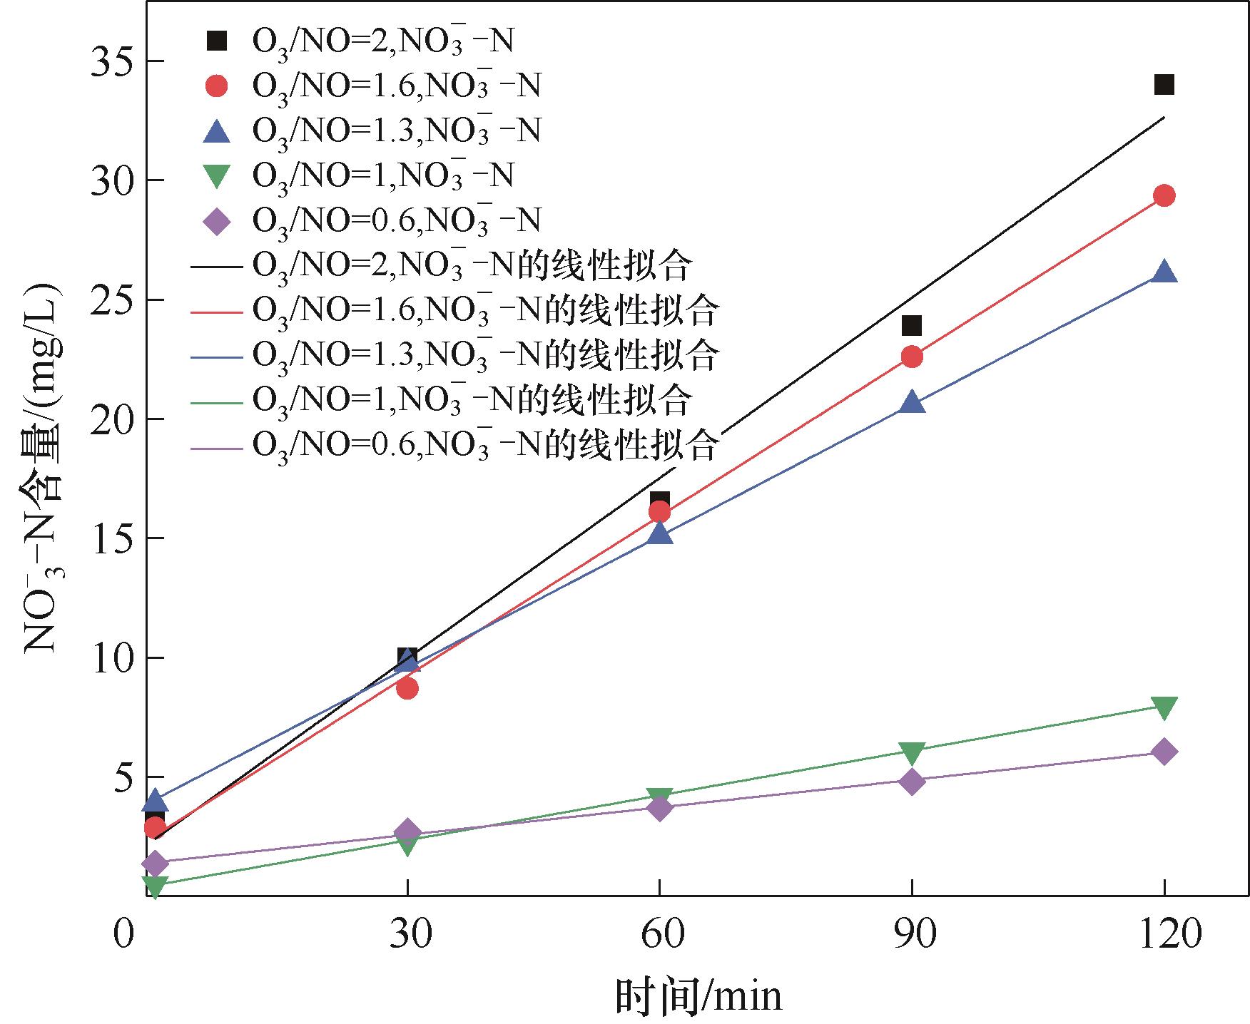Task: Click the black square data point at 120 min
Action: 1164,86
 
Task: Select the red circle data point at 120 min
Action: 1164,195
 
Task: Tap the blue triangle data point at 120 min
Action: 1164,272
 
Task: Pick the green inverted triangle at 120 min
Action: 1164,708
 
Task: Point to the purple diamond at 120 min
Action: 1164,752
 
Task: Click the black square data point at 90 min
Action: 911,326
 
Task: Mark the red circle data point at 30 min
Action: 407,688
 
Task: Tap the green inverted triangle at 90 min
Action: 911,753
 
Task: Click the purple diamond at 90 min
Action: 911,782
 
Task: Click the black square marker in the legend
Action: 216,41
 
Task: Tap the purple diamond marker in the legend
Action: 216,221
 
